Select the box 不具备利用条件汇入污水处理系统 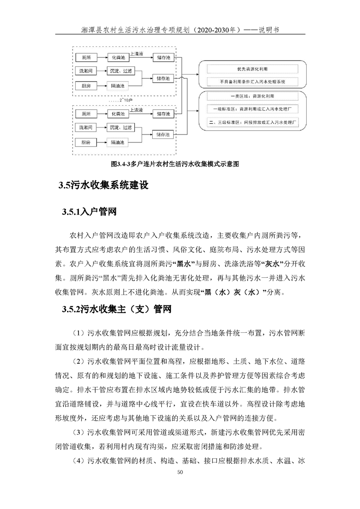[x=252, y=82]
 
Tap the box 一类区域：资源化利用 [x=252, y=97]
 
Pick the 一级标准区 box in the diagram [x=252, y=109]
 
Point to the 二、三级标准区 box [x=252, y=122]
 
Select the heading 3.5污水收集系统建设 [x=103, y=185]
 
